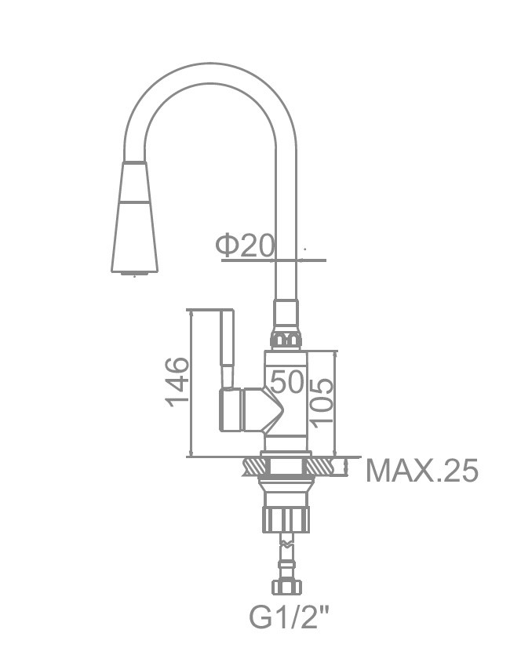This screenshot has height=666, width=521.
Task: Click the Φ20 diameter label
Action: click(x=246, y=246)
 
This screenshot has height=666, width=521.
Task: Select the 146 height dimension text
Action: click(x=177, y=382)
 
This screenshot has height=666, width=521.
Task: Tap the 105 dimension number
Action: click(x=322, y=401)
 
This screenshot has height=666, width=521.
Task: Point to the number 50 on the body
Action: click(x=286, y=382)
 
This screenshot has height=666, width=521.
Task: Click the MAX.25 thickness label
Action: click(x=422, y=471)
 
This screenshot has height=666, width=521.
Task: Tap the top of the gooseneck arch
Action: click(x=212, y=68)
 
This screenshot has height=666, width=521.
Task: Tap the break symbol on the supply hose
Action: click(x=288, y=541)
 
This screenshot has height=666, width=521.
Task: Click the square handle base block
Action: click(x=232, y=409)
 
